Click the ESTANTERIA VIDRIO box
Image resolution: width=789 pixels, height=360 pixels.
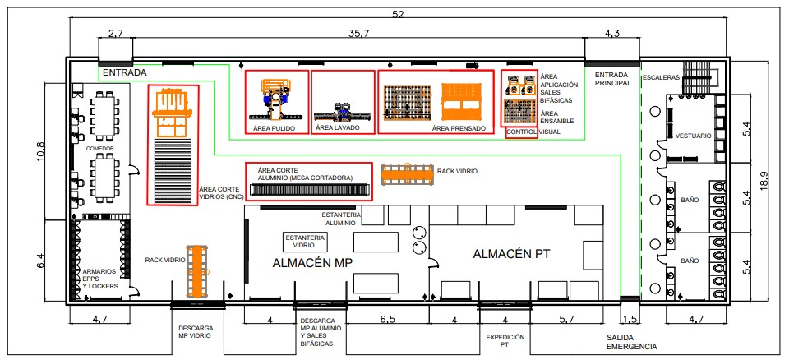[x=304, y=241]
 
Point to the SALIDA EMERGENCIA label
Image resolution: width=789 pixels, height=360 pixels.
[x=632, y=342]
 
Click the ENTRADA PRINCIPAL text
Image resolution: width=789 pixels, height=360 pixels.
[x=612, y=79]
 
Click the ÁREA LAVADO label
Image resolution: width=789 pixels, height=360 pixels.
[x=336, y=127]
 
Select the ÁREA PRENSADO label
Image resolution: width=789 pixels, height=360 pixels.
[x=454, y=127]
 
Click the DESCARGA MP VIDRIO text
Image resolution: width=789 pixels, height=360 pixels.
[x=196, y=331]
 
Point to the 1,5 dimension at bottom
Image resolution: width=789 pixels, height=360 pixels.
[x=630, y=320]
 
